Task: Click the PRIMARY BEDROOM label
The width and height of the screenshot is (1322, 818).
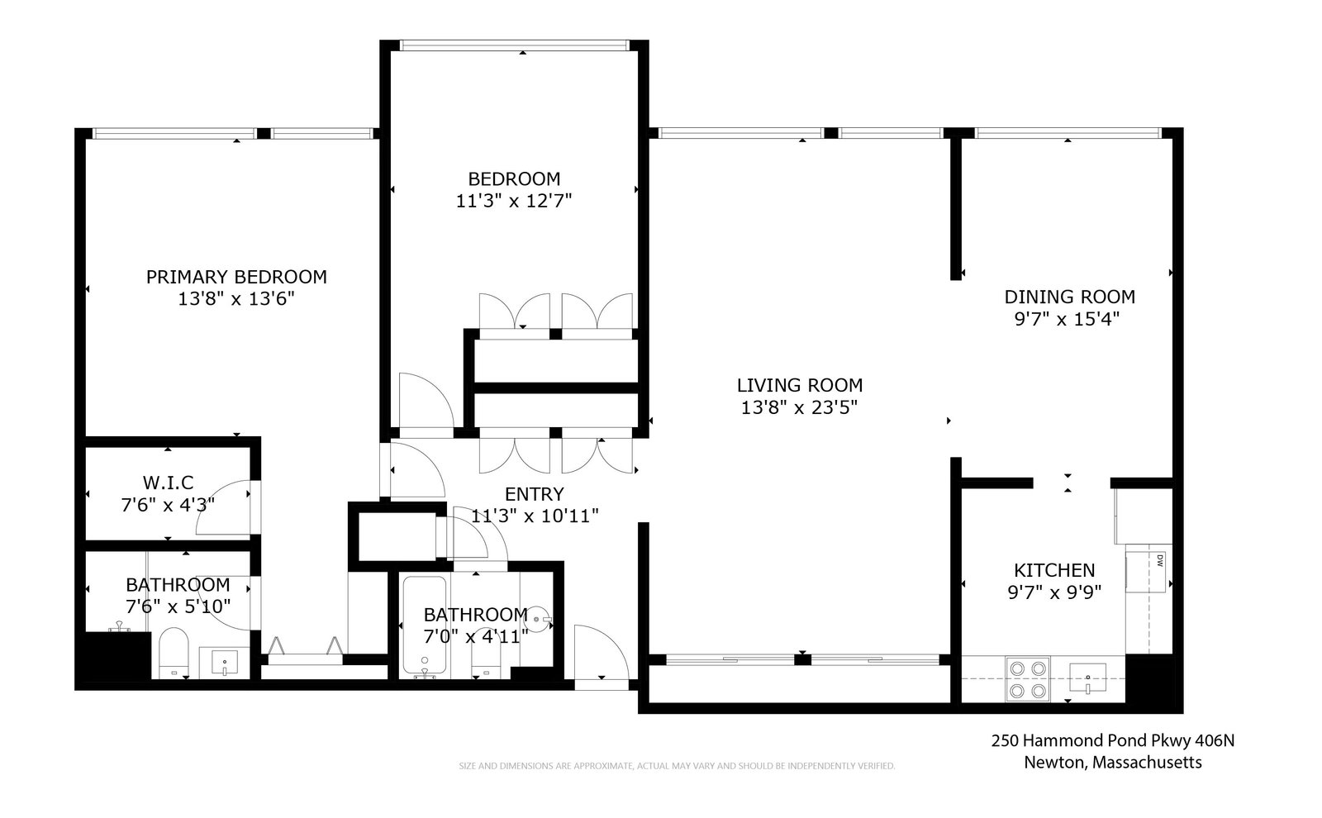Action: [236, 277]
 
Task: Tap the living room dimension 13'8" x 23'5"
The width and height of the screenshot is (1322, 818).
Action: [799, 407]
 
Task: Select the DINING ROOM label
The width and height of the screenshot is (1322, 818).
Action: [1069, 297]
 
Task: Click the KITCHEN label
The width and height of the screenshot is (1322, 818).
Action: [1054, 570]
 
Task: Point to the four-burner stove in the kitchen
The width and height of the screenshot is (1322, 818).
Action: [1028, 679]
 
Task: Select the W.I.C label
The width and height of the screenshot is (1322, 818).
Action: [169, 483]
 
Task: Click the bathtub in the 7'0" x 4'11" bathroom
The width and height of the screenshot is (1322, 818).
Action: [425, 625]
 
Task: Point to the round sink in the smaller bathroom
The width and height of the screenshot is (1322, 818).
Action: [537, 619]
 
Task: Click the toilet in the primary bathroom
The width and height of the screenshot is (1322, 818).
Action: [174, 653]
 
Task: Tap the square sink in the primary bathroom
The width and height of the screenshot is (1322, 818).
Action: [224, 662]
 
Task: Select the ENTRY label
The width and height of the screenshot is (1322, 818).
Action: [534, 494]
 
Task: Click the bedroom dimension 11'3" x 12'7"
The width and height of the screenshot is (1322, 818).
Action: [513, 202]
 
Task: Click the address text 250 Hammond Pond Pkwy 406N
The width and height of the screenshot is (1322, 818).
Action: [1112, 740]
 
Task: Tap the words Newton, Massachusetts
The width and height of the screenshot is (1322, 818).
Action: [1112, 763]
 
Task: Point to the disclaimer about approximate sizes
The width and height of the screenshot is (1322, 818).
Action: [677, 766]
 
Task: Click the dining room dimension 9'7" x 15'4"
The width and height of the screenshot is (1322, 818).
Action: [1067, 319]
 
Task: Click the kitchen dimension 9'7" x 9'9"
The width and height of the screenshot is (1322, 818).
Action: [1054, 592]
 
